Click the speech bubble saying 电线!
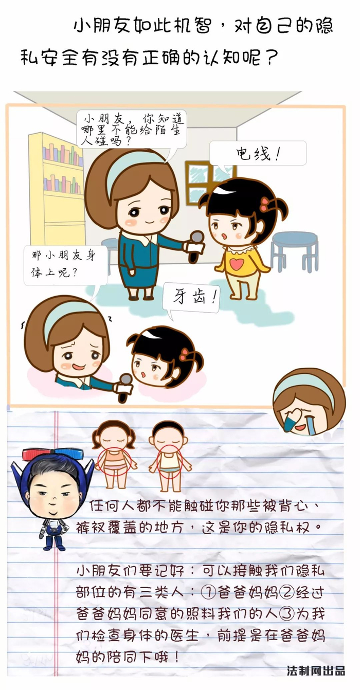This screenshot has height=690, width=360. point(258,153)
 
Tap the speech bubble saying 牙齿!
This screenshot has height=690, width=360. point(191,298)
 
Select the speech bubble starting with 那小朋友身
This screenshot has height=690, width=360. point(66,265)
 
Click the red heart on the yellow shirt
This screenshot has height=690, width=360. point(237,263)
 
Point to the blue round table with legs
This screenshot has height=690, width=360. point(295,251)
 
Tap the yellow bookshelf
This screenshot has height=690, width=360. point(57,188)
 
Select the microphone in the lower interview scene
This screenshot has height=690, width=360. point(124,387)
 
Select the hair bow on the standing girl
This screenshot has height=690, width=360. point(265,204)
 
